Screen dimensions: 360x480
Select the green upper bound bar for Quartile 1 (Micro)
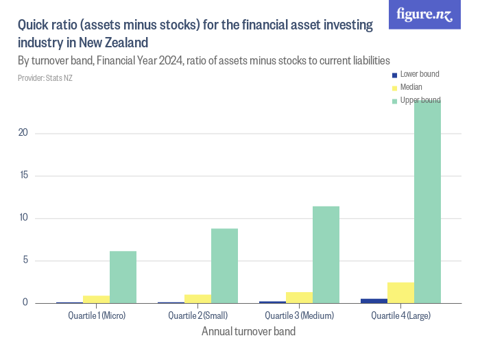coord(123,277)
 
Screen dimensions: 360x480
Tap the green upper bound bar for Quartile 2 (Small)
coord(224,265)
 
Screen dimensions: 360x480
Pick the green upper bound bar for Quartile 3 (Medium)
coord(326,254)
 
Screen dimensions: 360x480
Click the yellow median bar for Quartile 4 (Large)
coord(400,293)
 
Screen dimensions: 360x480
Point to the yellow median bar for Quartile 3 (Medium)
coord(299,298)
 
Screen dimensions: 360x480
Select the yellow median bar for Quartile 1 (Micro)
coord(96,299)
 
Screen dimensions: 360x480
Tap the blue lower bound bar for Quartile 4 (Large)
coord(374,300)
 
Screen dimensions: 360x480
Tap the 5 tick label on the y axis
coord(25,261)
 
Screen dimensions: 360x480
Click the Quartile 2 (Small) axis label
coord(197,316)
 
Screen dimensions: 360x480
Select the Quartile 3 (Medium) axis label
coord(299,316)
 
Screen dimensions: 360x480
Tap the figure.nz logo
coord(424,15)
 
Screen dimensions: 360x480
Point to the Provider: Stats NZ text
coord(45,78)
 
